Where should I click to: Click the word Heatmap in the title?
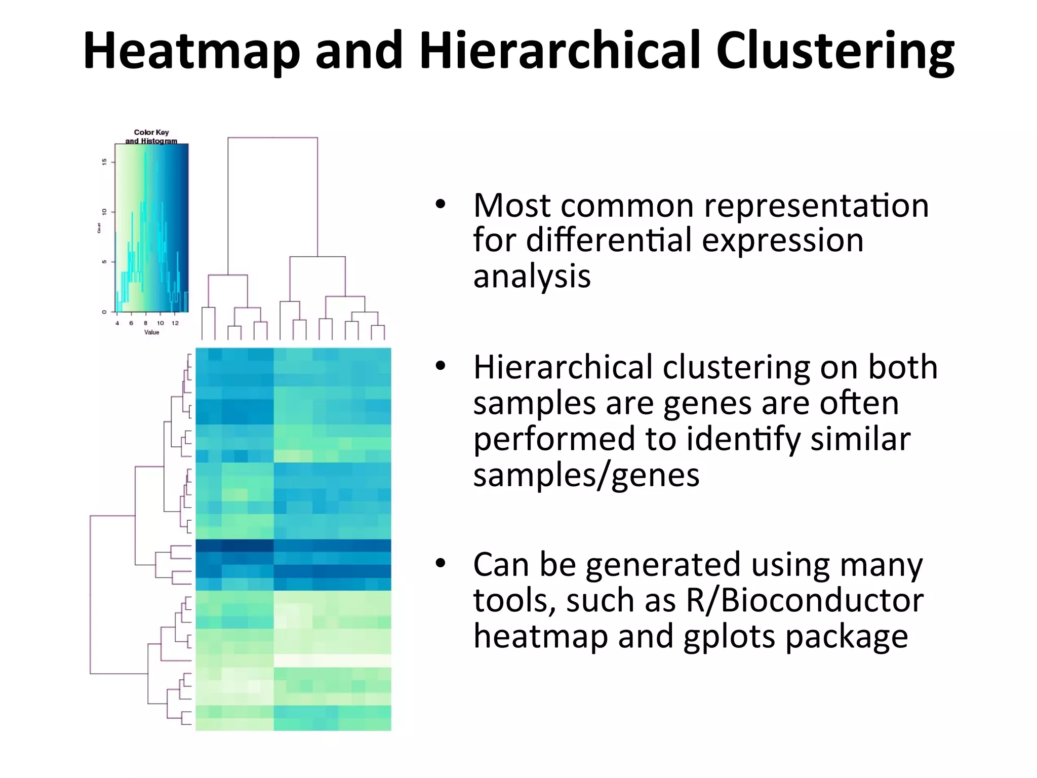pyautogui.click(x=192, y=51)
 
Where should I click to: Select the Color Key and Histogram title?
pyautogui.click(x=151, y=137)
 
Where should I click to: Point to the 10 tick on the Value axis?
pyautogui.click(x=160, y=323)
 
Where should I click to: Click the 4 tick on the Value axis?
pyautogui.click(x=117, y=323)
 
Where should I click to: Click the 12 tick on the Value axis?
pyautogui.click(x=175, y=323)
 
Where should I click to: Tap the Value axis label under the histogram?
pyautogui.click(x=151, y=332)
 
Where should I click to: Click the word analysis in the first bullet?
pyautogui.click(x=532, y=277)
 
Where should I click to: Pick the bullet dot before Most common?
pyautogui.click(x=440, y=205)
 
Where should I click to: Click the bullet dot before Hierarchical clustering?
pyautogui.click(x=440, y=366)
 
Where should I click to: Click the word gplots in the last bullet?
pyautogui.click(x=729, y=637)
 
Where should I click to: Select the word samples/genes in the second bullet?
pyautogui.click(x=586, y=476)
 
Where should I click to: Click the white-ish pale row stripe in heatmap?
pyautogui.click(x=332, y=660)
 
